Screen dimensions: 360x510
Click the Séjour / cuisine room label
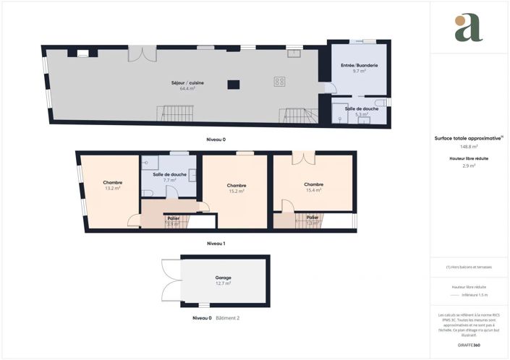(x=187, y=82)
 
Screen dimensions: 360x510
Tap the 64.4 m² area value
(x=187, y=88)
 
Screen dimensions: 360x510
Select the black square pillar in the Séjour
(x=233, y=85)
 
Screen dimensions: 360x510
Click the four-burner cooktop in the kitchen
(x=279, y=82)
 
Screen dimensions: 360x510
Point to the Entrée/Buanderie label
(x=359, y=66)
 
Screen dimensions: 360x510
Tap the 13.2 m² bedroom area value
(x=112, y=188)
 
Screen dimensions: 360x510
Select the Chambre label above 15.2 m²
(x=237, y=185)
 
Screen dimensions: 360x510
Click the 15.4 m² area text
(x=313, y=190)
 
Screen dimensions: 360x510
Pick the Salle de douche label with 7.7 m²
(x=169, y=174)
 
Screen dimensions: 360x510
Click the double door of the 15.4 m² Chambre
(x=304, y=157)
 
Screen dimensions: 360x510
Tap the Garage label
(x=223, y=278)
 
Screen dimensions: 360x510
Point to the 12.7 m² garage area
(x=223, y=283)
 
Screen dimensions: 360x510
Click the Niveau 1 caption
(x=216, y=244)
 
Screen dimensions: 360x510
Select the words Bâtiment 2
(x=227, y=318)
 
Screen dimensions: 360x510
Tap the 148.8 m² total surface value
(x=469, y=146)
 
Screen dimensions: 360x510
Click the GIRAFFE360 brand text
(x=469, y=345)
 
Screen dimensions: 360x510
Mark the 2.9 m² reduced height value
(x=469, y=166)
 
